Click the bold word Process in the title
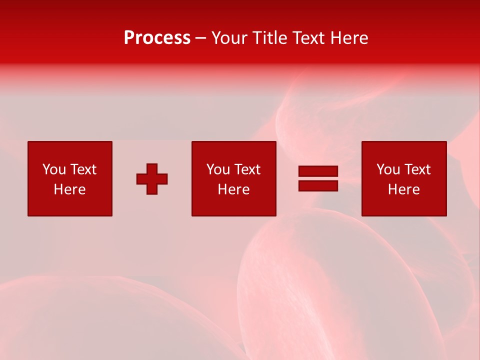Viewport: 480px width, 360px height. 157,38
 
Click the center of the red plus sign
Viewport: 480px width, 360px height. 152,179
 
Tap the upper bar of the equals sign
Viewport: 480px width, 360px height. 318,171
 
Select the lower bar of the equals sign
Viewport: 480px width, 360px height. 318,185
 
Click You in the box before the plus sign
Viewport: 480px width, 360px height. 54,169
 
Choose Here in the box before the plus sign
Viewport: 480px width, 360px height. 69,189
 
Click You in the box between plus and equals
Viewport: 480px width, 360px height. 218,169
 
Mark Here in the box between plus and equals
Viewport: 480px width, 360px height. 233,189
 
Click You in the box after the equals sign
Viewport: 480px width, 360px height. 388,169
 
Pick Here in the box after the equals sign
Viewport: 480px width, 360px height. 403,189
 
